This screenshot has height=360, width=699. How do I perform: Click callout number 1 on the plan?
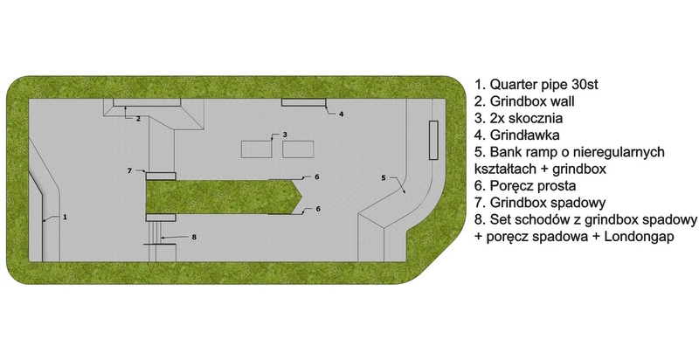click(65, 217)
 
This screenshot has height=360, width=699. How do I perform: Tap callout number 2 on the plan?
click(138, 119)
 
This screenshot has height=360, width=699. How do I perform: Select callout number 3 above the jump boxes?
click(285, 135)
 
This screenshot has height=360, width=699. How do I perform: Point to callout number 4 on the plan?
click(341, 114)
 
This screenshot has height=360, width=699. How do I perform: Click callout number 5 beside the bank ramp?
click(384, 178)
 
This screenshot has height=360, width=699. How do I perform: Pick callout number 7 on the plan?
click(129, 170)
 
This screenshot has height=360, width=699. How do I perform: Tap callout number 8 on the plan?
click(194, 237)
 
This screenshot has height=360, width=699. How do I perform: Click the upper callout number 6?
click(317, 177)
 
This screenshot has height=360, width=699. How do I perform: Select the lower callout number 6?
click(318, 209)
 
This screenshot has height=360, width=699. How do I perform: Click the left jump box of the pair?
click(256, 149)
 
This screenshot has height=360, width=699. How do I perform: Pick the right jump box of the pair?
click(298, 149)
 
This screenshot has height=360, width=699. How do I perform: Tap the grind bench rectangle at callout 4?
click(303, 102)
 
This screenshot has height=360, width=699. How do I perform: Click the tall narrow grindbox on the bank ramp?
click(433, 140)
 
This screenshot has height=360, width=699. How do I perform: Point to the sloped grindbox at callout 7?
click(161, 176)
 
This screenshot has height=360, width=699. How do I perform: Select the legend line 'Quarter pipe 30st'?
click(536, 84)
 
